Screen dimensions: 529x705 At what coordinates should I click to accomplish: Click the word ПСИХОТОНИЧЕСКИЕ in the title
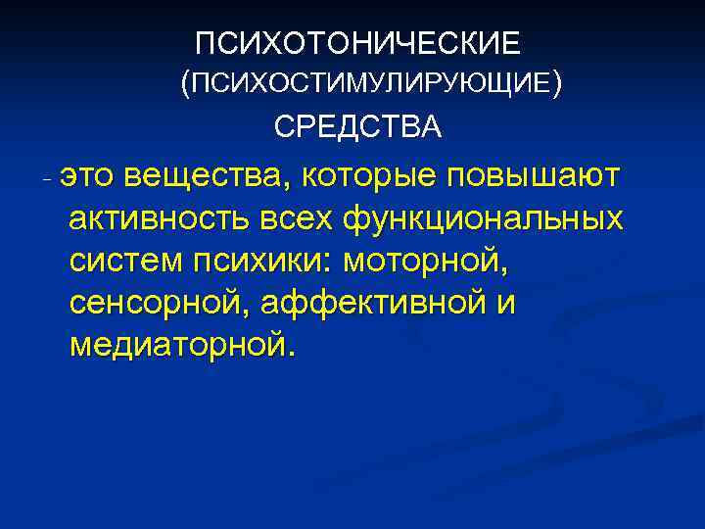pyautogui.click(x=357, y=44)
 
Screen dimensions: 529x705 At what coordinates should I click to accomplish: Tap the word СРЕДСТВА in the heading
pyautogui.click(x=357, y=128)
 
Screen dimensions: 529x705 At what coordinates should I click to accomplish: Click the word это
pyautogui.click(x=87, y=175)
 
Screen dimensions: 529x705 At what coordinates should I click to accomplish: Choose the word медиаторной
pyautogui.click(x=180, y=347)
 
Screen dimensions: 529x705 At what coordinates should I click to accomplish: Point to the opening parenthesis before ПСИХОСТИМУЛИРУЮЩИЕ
pyautogui.click(x=185, y=86)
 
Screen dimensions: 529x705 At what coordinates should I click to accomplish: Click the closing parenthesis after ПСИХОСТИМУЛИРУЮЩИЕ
pyautogui.click(x=556, y=86)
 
